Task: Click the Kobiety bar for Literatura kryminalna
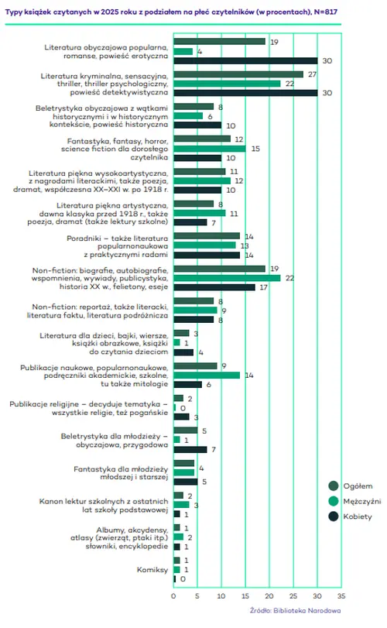point(245,93)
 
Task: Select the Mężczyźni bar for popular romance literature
point(183,51)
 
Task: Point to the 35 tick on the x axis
point(341,596)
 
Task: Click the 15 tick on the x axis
point(245,596)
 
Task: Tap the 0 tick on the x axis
point(173,596)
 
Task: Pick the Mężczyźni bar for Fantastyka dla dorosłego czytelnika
point(209,148)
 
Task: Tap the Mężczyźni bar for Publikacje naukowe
point(207,375)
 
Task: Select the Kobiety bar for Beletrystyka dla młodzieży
point(190,449)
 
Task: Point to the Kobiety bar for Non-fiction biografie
point(214,287)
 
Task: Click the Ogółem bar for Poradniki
point(207,235)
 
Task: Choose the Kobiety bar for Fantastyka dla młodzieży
point(185,481)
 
